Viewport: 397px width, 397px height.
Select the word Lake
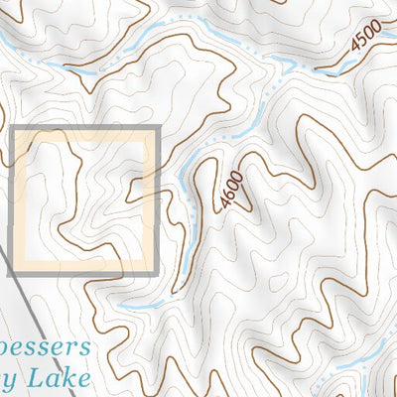click(65, 378)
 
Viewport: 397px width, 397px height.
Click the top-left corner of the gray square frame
click(11, 129)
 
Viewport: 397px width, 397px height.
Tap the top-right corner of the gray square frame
click(158, 129)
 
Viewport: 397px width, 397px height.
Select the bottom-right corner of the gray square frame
click(158, 274)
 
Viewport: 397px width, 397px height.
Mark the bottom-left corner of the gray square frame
click(11, 274)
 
